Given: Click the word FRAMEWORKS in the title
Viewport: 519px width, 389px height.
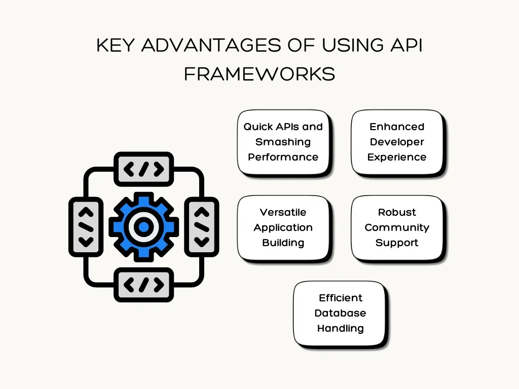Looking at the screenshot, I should [259, 74].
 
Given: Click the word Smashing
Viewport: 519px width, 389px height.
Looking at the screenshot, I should [283, 142].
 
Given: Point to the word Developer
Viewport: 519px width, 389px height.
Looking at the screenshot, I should [397, 142].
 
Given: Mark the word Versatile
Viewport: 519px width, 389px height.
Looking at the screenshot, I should [283, 212].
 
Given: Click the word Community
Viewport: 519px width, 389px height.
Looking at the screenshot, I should [397, 227].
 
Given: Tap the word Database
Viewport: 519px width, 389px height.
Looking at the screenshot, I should [340, 313].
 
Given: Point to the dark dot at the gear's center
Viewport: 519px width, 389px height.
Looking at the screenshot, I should [144, 226].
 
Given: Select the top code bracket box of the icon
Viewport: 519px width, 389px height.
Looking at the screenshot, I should [144, 169].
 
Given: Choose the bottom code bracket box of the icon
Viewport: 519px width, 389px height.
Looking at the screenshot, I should [144, 285].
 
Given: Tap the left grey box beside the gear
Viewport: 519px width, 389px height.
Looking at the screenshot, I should [86, 226].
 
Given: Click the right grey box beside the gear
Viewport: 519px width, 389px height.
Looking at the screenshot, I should [202, 226].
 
